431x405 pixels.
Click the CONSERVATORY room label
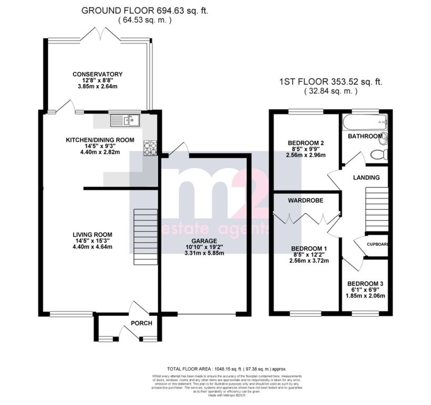(x=97, y=74)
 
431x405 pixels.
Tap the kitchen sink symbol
(x=125, y=121)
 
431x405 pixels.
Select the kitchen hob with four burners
(x=151, y=148)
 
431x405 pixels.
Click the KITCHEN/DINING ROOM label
(x=99, y=140)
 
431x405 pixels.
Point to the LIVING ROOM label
(x=93, y=235)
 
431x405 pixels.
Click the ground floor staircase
(x=145, y=237)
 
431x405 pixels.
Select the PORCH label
(x=142, y=323)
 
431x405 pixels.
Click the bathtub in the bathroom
(x=364, y=123)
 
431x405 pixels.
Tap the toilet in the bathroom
(x=379, y=155)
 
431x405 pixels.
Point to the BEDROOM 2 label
(x=306, y=143)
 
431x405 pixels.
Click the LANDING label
(x=366, y=178)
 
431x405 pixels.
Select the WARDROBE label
(x=305, y=201)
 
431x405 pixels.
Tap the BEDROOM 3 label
(x=367, y=284)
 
